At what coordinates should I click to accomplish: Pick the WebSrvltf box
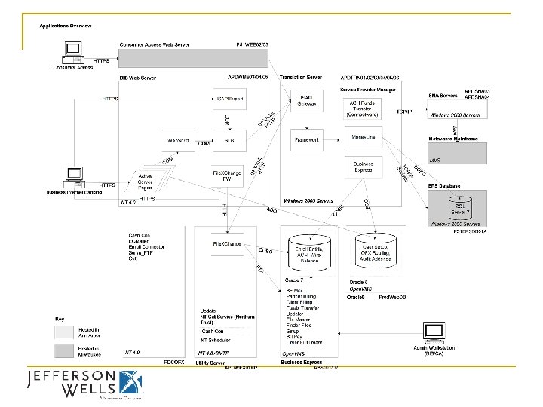[x=178, y=140]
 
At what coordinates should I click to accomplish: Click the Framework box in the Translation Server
[x=306, y=140]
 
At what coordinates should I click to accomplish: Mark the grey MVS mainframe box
[x=457, y=153]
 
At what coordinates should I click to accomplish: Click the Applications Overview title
[x=66, y=26]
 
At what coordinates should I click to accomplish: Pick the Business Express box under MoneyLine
[x=364, y=167]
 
